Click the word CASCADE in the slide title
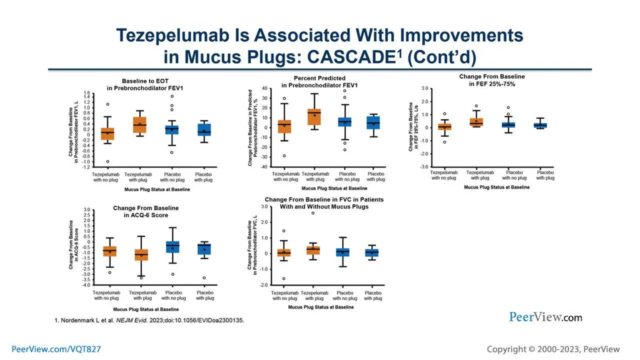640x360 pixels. [x=352, y=57]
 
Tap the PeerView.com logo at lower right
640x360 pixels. [x=545, y=317]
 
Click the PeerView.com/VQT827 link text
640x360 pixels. [x=56, y=349]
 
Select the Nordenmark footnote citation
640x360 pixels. [x=149, y=320]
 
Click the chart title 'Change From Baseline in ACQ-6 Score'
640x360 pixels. [x=146, y=212]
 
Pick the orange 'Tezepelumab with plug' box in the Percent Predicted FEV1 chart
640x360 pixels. [x=314, y=117]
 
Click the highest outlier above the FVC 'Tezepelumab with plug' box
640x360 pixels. [x=313, y=213]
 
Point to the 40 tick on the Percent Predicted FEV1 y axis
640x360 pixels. [x=265, y=88]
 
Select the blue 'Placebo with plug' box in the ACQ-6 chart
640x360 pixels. [x=204, y=249]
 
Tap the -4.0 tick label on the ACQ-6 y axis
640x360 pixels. [x=86, y=285]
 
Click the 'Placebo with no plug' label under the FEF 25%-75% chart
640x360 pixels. [x=514, y=175]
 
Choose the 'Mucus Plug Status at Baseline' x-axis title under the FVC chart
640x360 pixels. [x=321, y=307]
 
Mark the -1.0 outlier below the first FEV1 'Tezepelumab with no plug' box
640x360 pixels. [x=108, y=162]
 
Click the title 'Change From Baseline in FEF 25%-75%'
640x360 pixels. [x=492, y=80]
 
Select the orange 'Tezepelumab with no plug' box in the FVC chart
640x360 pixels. [x=284, y=253]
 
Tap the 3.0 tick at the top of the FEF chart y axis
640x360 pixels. [x=425, y=88]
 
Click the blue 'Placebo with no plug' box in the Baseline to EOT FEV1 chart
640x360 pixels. [x=172, y=130]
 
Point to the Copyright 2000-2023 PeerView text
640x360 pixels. [x=553, y=349]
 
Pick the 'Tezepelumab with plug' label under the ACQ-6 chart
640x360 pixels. [x=142, y=295]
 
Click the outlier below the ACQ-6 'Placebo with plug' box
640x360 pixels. [x=204, y=278]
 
